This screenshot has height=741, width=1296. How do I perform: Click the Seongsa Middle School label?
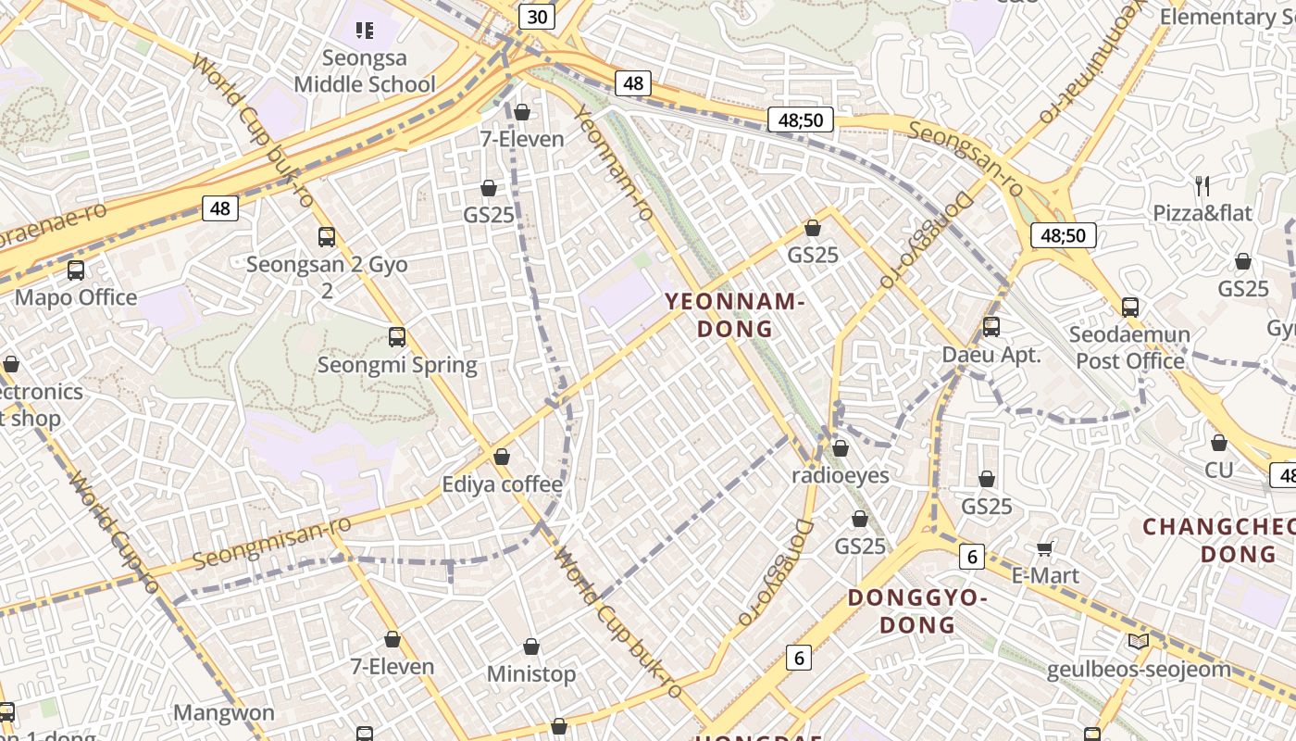pos(364,71)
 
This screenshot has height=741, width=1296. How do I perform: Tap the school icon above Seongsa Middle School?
pos(365,31)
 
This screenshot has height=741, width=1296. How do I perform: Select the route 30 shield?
pos(536,17)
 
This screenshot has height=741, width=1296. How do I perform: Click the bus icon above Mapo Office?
pos(76,270)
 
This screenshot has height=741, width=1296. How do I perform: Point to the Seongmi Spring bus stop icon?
pos(397,337)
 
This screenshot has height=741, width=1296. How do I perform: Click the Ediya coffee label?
pos(502,484)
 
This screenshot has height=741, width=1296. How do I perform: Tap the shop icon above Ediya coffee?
pos(502,457)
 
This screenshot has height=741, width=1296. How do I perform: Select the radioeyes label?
pos(841,476)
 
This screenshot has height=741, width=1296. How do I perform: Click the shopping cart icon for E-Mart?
pos(1045,549)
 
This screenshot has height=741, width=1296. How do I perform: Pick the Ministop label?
pos(531,674)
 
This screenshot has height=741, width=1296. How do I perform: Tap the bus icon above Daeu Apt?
pos(991,327)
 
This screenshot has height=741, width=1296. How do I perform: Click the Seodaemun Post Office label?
pos(1129,347)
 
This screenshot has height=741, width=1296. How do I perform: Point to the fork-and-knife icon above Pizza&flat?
pos(1203,186)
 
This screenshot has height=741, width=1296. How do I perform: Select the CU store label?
pos(1219,471)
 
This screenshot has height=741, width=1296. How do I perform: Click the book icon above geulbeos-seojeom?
pos(1139,641)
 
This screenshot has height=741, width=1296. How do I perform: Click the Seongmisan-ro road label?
pos(271,544)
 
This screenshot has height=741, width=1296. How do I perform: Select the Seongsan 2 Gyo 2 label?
pos(327,277)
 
